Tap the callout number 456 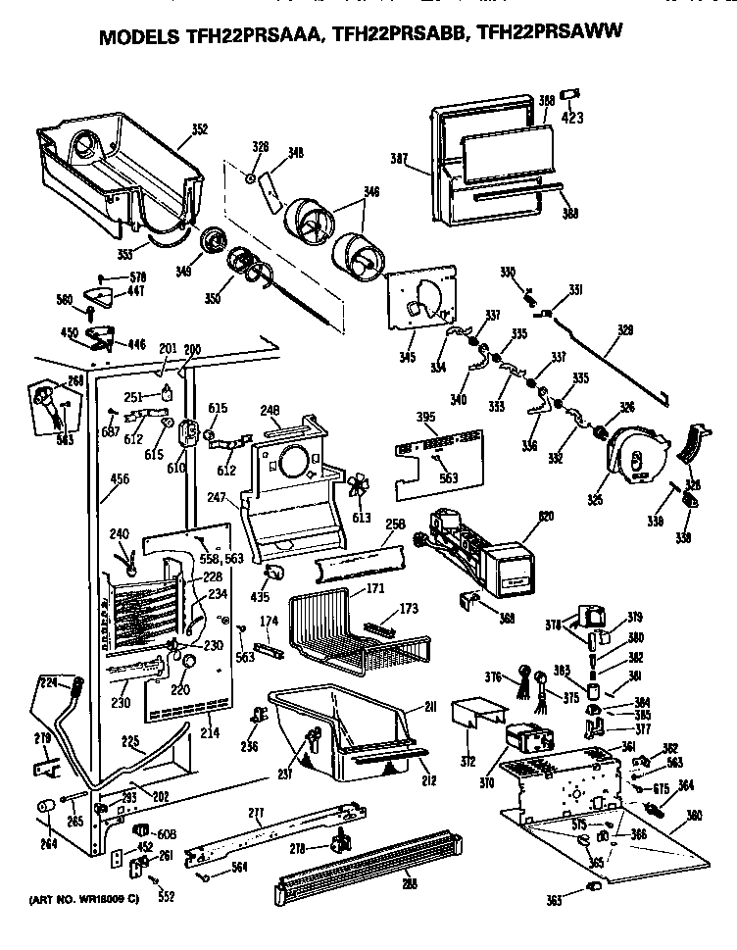[x=120, y=478]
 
